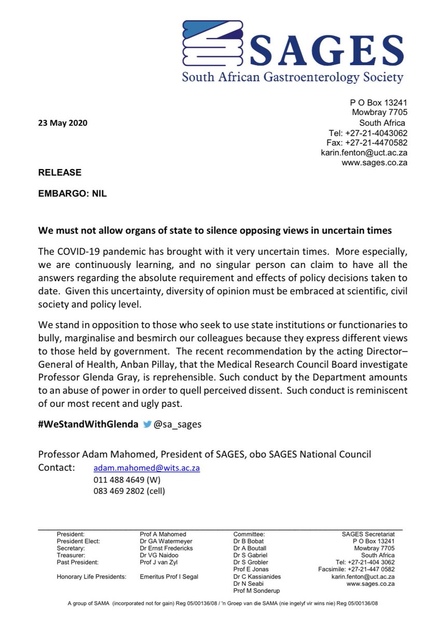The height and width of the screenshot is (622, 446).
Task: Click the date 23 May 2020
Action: click(62, 123)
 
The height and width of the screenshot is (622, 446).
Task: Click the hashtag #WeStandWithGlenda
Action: click(88, 423)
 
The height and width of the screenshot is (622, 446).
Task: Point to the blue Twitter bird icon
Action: click(147, 423)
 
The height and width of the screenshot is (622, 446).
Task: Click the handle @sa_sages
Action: click(177, 423)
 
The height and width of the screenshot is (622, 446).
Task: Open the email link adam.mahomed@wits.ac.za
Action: click(147, 468)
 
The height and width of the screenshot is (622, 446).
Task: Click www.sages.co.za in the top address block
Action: click(374, 162)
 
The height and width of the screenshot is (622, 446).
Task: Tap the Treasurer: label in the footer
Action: click(71, 555)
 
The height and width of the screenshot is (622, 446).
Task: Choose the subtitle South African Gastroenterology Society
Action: click(292, 78)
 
